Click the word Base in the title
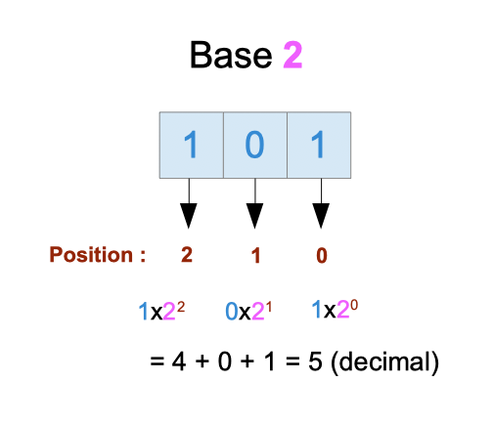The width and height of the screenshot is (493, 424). click(231, 55)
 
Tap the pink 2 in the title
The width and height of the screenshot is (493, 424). click(292, 55)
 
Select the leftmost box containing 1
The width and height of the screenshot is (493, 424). click(192, 145)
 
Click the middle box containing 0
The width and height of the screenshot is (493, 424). click(255, 145)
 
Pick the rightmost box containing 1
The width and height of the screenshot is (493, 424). click(319, 145)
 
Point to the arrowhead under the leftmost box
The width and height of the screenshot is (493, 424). click(189, 215)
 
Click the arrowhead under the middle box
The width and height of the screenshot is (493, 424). click(254, 215)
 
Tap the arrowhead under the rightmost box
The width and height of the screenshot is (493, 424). click(321, 215)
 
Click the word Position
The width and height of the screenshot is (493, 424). click(91, 255)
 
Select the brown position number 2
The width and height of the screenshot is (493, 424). click(187, 255)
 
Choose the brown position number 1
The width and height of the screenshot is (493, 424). click(256, 255)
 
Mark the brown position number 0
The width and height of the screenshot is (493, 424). click(322, 255)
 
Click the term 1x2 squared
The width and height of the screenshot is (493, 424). click(161, 311)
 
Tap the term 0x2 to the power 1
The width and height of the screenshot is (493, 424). click(248, 311)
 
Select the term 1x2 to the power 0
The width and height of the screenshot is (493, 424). click(335, 309)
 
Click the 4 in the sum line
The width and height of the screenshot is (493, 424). click(179, 361)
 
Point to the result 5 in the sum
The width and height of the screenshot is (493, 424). click(315, 361)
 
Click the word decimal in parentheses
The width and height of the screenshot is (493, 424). click(384, 362)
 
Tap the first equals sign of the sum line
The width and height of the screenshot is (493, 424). click(157, 361)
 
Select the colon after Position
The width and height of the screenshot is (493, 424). click(143, 256)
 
